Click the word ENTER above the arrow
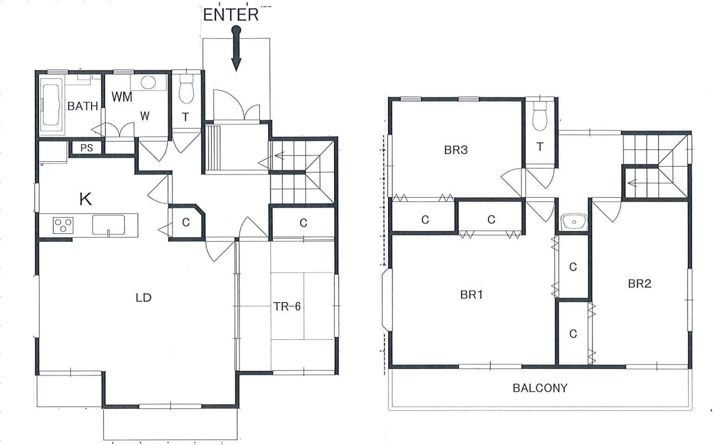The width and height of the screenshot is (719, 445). pyautogui.click(x=231, y=15)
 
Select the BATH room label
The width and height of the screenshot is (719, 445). pyautogui.click(x=82, y=106)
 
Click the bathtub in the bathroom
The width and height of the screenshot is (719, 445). pyautogui.click(x=51, y=105)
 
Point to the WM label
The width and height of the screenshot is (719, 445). pyautogui.click(x=122, y=96)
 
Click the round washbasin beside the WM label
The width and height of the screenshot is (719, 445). pyautogui.click(x=148, y=82)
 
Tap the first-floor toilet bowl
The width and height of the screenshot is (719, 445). pyautogui.click(x=186, y=89)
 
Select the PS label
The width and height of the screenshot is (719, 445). pyautogui.click(x=86, y=148)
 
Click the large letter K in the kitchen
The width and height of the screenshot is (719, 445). pyautogui.click(x=86, y=199)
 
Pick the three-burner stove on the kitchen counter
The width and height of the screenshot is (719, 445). pyautogui.click(x=63, y=225)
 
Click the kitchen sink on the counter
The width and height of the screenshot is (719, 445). pyautogui.click(x=109, y=225)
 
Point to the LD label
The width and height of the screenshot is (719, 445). pyautogui.click(x=144, y=298)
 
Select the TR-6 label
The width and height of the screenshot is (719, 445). pyautogui.click(x=287, y=307)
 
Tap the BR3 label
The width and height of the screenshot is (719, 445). pyautogui.click(x=456, y=150)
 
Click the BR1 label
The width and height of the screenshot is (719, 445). pyautogui.click(x=471, y=295)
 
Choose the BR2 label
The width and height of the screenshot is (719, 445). pyautogui.click(x=639, y=284)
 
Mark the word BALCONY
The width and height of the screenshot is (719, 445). pyautogui.click(x=540, y=388)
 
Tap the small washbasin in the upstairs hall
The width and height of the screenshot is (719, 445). pyautogui.click(x=574, y=222)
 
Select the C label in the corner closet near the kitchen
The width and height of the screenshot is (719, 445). pyautogui.click(x=186, y=222)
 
